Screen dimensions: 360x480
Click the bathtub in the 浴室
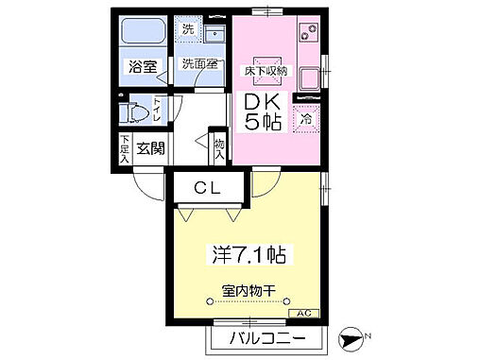tap(143, 37)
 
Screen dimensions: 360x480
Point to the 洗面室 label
tap(200, 65)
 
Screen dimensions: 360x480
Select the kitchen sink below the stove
tap(308, 76)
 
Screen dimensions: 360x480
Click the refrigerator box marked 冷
tap(305, 119)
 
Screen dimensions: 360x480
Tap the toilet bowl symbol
tap(137, 114)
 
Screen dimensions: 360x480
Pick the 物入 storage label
tap(220, 148)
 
